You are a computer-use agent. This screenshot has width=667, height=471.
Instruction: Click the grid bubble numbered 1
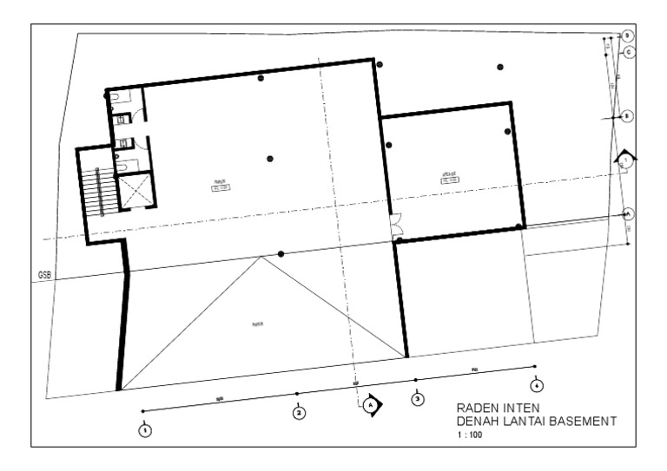(x=145, y=428)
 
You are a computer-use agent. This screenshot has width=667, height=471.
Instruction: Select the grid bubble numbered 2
(x=299, y=413)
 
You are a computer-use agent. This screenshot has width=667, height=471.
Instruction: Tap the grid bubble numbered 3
(x=418, y=399)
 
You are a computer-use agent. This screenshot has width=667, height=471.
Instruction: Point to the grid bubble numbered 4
(x=538, y=384)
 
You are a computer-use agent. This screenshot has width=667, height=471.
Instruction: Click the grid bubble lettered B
(x=628, y=116)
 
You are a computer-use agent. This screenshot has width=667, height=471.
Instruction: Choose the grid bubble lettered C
(x=629, y=52)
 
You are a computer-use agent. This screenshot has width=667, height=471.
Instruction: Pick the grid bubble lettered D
(x=627, y=35)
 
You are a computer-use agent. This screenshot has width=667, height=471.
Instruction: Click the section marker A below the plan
(x=371, y=404)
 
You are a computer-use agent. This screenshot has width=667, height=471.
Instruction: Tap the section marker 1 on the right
(x=625, y=160)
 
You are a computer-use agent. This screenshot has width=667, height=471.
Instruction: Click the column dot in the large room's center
(x=270, y=158)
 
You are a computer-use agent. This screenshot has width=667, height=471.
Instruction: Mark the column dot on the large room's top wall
(x=261, y=78)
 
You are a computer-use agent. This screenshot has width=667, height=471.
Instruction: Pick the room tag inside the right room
(x=449, y=178)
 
